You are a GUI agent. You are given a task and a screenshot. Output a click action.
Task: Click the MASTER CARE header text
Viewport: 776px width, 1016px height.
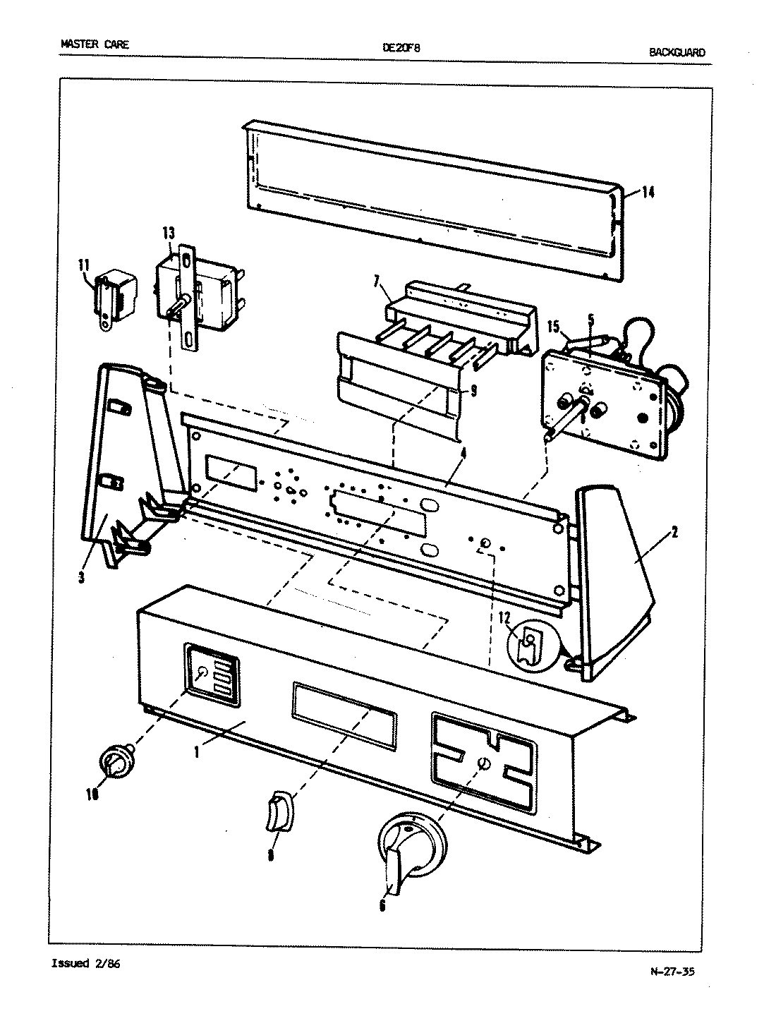pyautogui.click(x=95, y=44)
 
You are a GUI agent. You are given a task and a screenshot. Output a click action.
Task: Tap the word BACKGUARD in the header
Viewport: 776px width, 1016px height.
pyautogui.click(x=676, y=52)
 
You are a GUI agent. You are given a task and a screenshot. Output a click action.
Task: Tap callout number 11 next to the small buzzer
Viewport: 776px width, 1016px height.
pyautogui.click(x=84, y=265)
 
